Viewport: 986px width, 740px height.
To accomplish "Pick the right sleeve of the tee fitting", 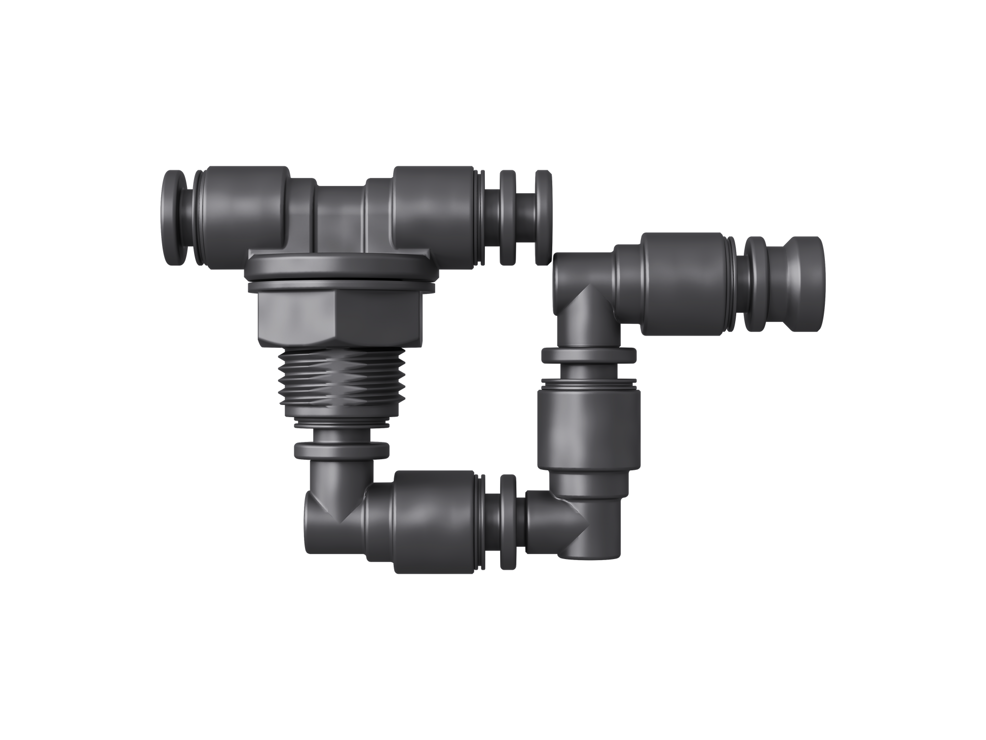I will click(436, 213).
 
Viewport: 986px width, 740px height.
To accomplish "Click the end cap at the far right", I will click(801, 284).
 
